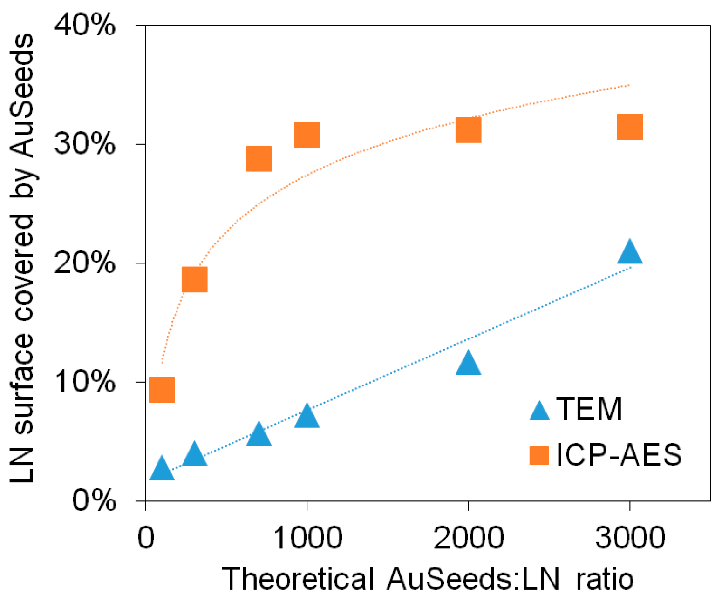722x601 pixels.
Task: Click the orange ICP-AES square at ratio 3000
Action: point(629,127)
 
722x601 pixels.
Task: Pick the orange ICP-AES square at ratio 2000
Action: point(468,129)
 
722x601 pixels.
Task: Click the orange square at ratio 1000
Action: point(307,135)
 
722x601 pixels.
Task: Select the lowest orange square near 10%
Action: point(162,390)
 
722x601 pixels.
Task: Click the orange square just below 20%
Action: point(194,279)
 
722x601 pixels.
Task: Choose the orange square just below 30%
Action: point(259,158)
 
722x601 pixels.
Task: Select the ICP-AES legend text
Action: point(619,455)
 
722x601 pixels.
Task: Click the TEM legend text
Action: point(589,409)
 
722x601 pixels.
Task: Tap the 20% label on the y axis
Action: point(85,263)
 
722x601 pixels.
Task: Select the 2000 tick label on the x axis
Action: point(468,538)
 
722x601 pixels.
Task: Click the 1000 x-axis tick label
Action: point(307,538)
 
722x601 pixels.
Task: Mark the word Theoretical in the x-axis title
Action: point(298,579)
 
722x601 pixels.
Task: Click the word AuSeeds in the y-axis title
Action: point(22,95)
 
